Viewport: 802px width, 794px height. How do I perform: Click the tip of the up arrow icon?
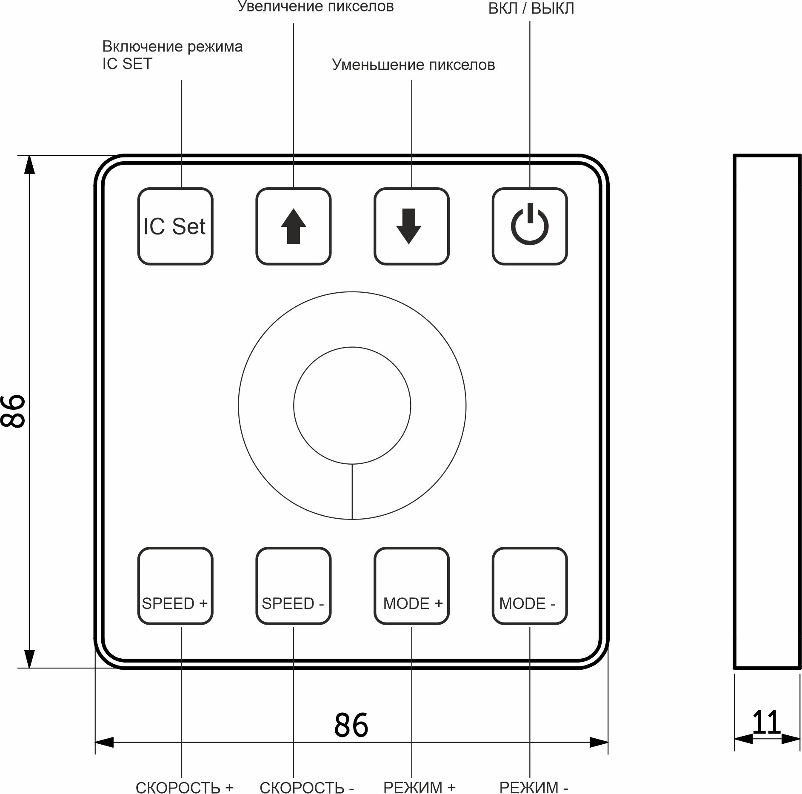pos(294,209)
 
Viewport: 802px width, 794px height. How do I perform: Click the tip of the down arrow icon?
pos(408,244)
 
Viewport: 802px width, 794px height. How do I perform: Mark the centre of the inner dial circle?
pos(352,406)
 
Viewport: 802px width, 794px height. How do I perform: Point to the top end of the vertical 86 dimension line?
pos(29,155)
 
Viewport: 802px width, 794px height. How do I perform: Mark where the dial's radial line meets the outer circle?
pos(352,520)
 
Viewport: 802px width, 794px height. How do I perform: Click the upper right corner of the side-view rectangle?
pos(800,156)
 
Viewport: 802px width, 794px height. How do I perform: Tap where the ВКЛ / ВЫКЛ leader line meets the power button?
pos(530,188)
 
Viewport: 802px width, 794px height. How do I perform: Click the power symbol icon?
pos(530,224)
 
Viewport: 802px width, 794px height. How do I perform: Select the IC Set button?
pos(175,226)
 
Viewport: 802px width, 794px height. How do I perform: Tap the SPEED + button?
pos(175,586)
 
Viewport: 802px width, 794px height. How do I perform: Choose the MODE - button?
pos(530,586)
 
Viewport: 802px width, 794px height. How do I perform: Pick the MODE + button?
pos(411,586)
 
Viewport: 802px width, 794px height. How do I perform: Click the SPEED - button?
pos(294,586)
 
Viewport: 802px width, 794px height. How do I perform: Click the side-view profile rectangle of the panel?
pos(767,411)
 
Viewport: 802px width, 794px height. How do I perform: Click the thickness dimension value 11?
pos(767,722)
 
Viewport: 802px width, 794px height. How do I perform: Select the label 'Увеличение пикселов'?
pos(316,6)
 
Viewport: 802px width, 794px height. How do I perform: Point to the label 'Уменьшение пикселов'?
pos(413,65)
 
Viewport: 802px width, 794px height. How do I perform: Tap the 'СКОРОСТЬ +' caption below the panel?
pos(185,787)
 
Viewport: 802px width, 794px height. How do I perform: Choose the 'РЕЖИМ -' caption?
pos(534,787)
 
